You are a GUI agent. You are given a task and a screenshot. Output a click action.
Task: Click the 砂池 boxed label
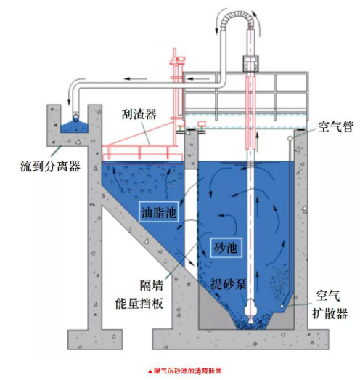226,248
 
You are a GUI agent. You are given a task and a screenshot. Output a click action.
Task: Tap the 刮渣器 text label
139,114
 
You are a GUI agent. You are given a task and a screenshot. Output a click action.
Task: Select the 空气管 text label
335,126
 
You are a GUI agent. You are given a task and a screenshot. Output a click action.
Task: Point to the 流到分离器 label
50,166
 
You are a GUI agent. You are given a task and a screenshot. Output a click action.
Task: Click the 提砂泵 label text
229,283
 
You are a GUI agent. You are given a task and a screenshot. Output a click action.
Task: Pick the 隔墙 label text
152,286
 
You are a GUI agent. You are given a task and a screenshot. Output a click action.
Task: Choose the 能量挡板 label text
139,304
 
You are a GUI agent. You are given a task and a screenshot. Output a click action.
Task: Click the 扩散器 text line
330,313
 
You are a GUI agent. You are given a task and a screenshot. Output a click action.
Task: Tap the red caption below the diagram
184,371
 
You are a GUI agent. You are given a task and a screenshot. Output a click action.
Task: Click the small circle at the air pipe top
290,138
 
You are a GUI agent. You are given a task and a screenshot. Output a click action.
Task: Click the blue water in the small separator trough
74,126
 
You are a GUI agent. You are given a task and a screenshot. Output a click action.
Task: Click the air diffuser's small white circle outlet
282,307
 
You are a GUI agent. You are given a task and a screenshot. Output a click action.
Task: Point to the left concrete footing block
94,339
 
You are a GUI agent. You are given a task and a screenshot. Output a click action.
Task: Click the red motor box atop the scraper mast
181,59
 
